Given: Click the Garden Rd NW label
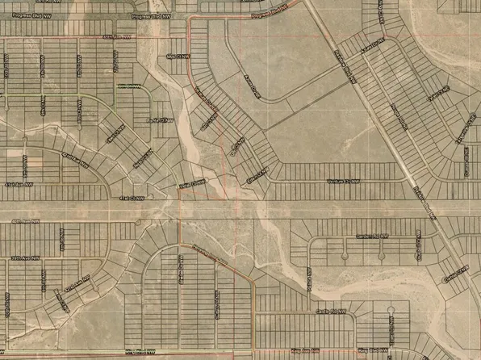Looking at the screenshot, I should click(372, 237).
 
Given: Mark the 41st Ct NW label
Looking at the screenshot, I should click(129, 197).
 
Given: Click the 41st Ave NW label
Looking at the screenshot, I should click(20, 184).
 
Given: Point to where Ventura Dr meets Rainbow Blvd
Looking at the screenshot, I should click(412, 182).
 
